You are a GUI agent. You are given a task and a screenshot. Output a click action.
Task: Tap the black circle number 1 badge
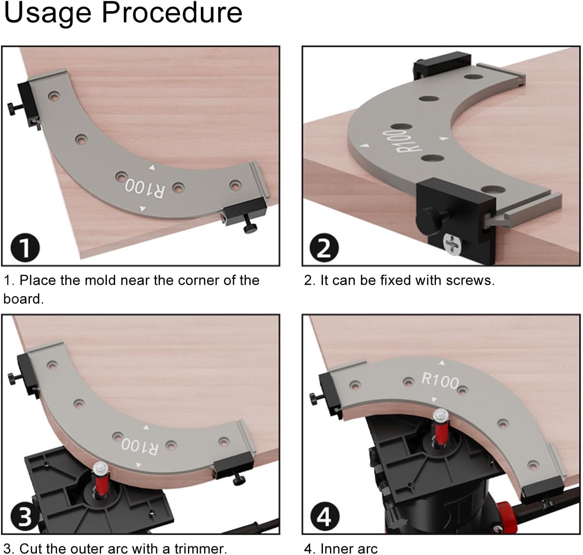point(25,248)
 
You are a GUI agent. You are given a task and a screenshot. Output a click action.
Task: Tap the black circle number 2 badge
point(324,248)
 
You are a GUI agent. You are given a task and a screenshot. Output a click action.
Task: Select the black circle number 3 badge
point(24,517)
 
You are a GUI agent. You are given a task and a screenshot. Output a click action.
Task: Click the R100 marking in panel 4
point(440,380)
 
